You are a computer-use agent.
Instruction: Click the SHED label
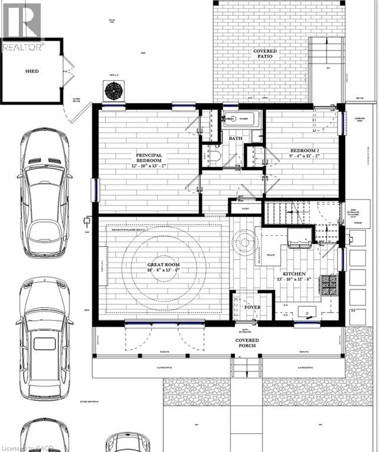(x=32, y=71)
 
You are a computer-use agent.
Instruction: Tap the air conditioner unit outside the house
(x=112, y=91)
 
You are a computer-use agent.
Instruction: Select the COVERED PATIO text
(x=265, y=55)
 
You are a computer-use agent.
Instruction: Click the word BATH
(x=236, y=139)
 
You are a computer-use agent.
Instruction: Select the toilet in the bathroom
(x=214, y=157)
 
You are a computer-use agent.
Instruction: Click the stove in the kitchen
(x=328, y=286)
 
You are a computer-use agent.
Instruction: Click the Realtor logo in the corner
(x=22, y=26)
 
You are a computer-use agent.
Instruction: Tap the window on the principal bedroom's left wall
(x=94, y=190)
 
